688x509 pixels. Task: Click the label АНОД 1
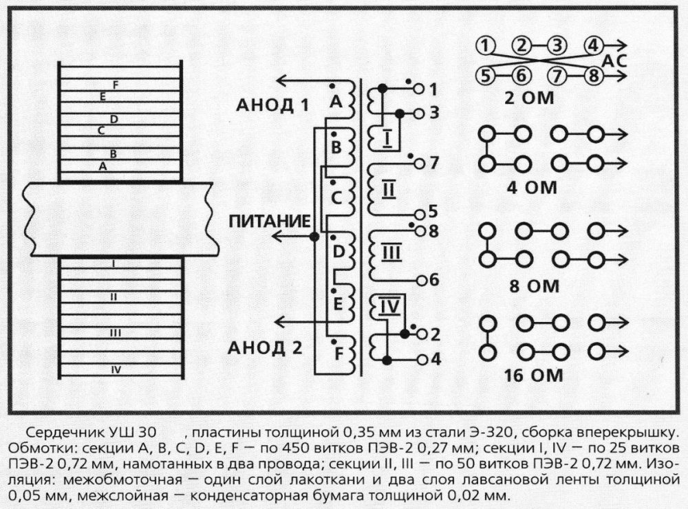[272, 105]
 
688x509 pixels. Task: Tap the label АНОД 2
[269, 346]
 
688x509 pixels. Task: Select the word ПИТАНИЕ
[268, 221]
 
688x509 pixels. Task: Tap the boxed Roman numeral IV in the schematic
[389, 307]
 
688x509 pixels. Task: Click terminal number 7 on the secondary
[433, 164]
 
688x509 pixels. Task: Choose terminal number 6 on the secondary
[433, 280]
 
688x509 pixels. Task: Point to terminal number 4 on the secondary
[435, 358]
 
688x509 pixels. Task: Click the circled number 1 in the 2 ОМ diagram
[487, 47]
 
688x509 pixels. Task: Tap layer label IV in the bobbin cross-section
[116, 369]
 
